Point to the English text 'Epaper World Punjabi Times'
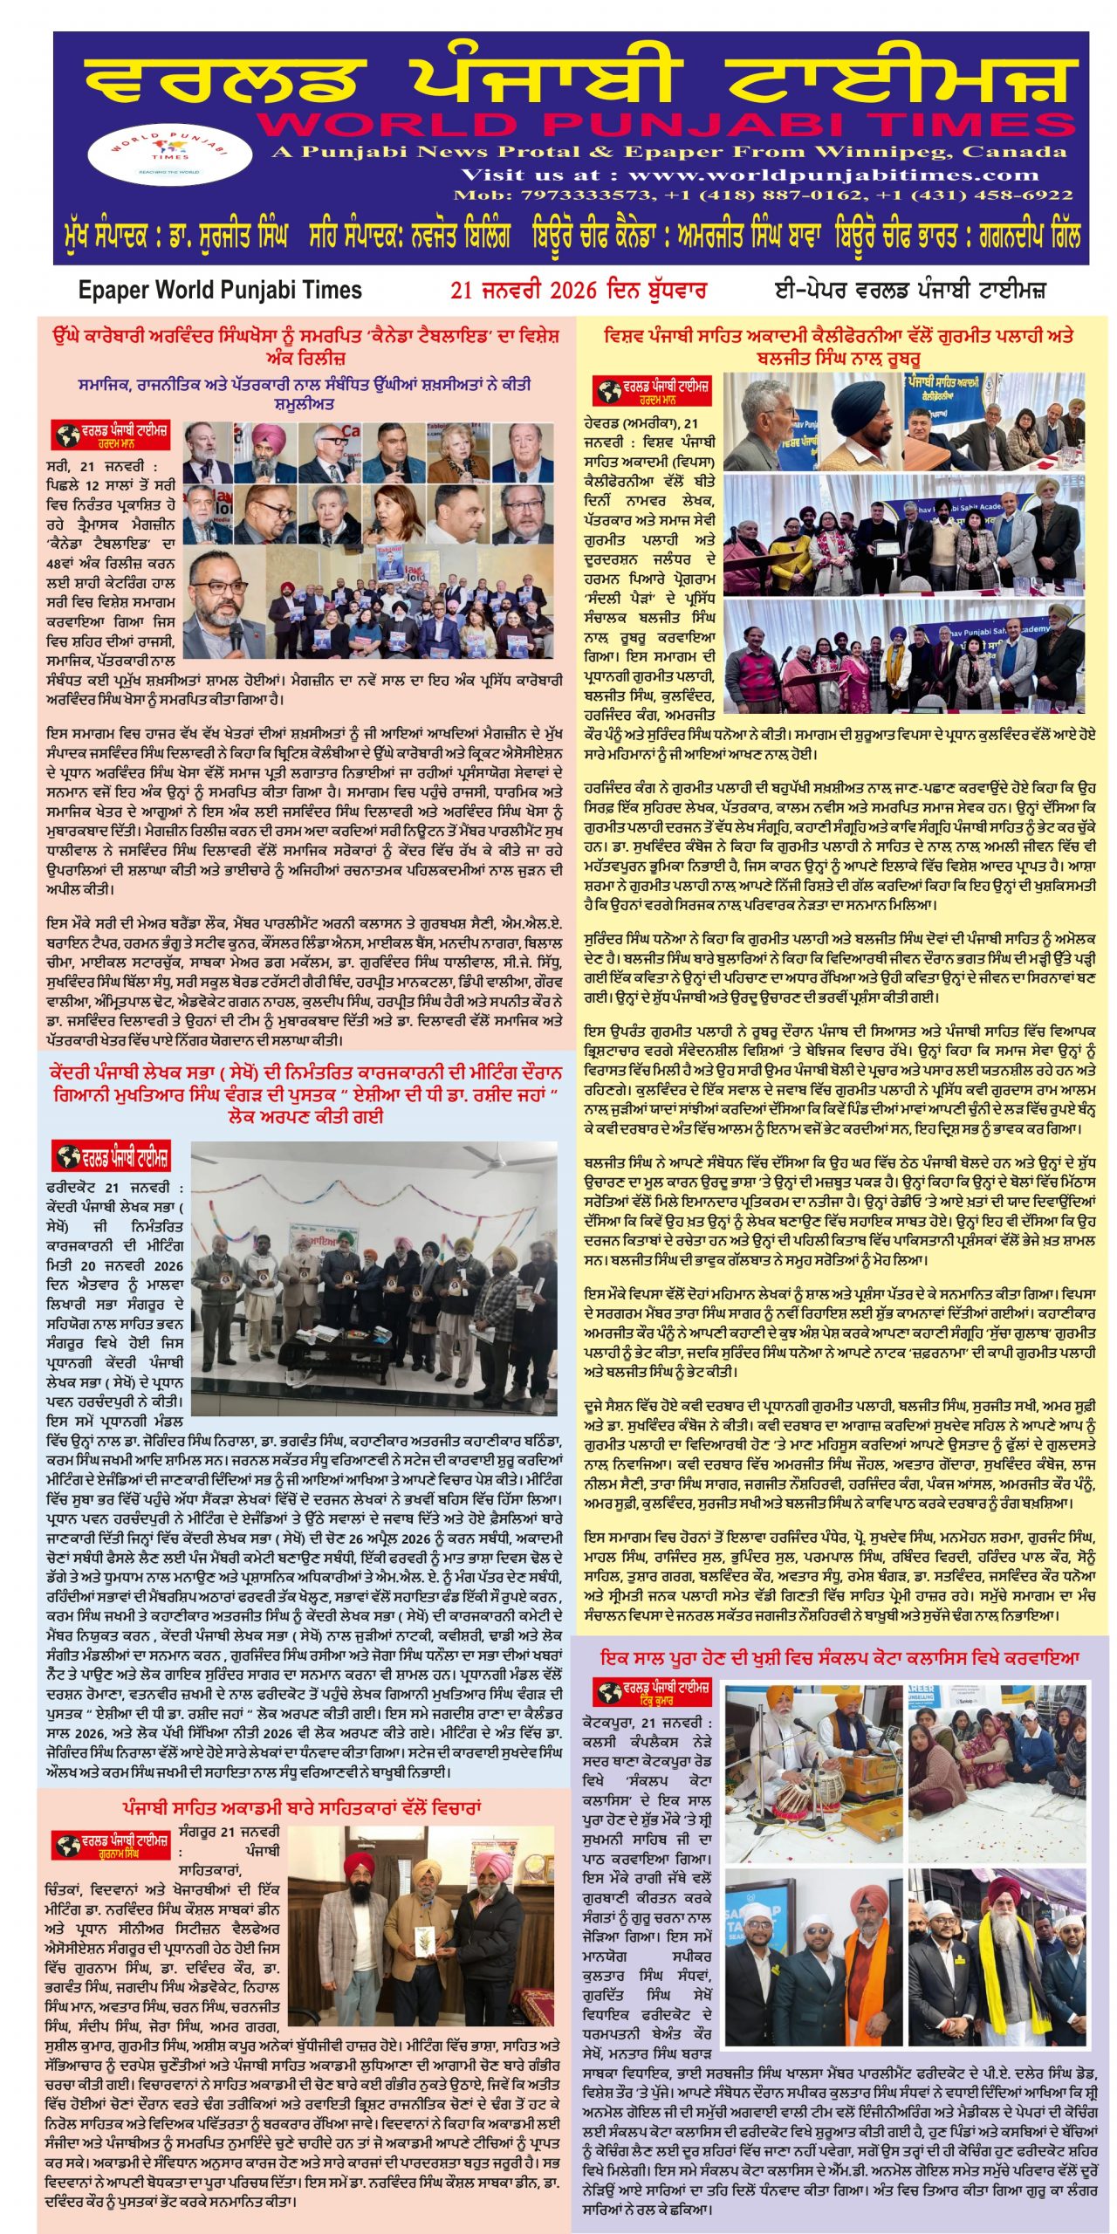pos(220,290)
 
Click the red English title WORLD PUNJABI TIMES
pos(665,125)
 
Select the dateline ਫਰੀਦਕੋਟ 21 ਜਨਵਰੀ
pos(114,1188)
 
